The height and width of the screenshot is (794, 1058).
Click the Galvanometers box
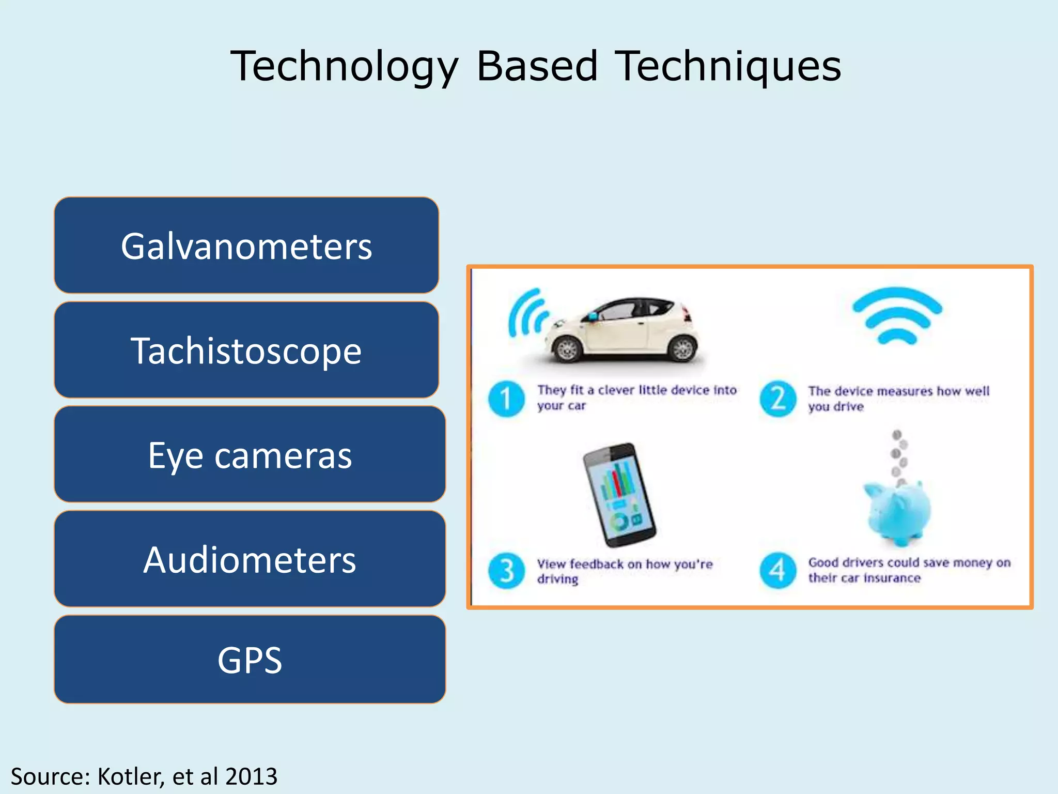pyautogui.click(x=246, y=245)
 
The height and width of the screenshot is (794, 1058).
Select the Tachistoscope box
pyautogui.click(x=246, y=350)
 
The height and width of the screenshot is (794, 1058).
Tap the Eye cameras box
pyautogui.click(x=250, y=454)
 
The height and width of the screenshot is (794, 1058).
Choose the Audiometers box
pyautogui.click(x=250, y=559)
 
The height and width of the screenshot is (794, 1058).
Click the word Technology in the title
pyautogui.click(x=344, y=66)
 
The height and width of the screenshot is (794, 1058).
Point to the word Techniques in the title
pyautogui.click(x=729, y=66)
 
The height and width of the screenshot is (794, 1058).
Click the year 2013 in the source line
pyautogui.click(x=252, y=776)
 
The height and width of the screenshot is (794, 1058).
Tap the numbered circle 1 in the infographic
pyautogui.click(x=506, y=399)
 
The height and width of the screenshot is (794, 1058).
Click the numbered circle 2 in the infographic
pyautogui.click(x=777, y=399)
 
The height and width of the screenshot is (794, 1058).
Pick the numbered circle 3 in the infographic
pyautogui.click(x=506, y=571)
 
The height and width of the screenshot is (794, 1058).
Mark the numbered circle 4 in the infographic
pyautogui.click(x=777, y=571)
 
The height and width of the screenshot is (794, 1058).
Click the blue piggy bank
pyautogui.click(x=899, y=512)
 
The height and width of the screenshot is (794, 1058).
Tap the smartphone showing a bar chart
pyautogui.click(x=619, y=495)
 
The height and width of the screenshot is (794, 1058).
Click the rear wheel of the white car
pyautogui.click(x=682, y=348)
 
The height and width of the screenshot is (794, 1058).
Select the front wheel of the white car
pyautogui.click(x=567, y=350)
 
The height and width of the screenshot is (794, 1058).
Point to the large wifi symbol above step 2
pyautogui.click(x=897, y=316)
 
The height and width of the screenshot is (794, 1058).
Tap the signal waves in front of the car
pyautogui.click(x=527, y=313)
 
